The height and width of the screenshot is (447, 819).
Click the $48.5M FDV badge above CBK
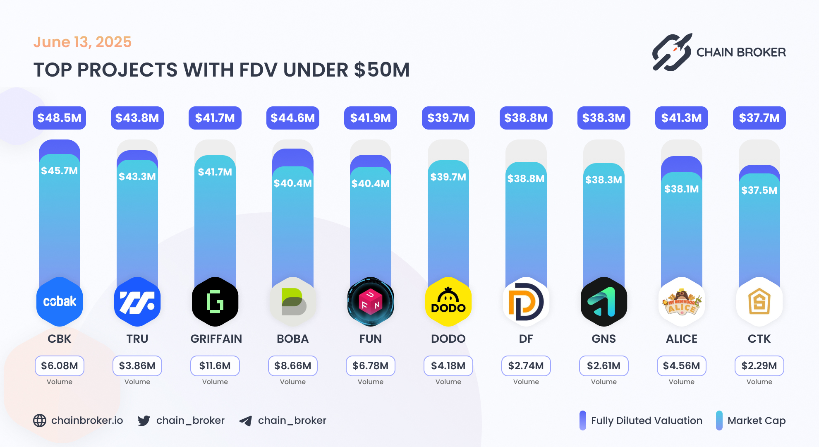pyautogui.click(x=60, y=118)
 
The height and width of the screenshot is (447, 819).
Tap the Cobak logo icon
pyautogui.click(x=60, y=301)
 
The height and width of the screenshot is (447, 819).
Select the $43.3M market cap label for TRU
pyautogui.click(x=137, y=177)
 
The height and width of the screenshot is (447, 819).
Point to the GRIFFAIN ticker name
pyautogui.click(x=216, y=339)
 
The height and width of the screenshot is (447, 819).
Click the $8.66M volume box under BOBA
pyautogui.click(x=293, y=366)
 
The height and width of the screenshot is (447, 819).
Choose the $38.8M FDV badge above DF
pyautogui.click(x=526, y=118)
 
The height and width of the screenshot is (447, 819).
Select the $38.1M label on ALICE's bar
pyautogui.click(x=681, y=189)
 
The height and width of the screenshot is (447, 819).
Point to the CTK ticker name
pyautogui.click(x=759, y=339)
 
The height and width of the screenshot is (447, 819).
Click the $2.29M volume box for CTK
pyautogui.click(x=759, y=366)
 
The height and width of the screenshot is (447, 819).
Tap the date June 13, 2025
pyautogui.click(x=82, y=42)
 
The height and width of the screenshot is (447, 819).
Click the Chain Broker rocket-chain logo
pyautogui.click(x=672, y=52)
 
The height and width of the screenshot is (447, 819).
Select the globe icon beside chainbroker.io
pyautogui.click(x=40, y=421)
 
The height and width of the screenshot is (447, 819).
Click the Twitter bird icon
pyautogui.click(x=144, y=421)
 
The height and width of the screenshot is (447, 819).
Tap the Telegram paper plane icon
pyautogui.click(x=246, y=421)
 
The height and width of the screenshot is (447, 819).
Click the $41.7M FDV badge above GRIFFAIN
pyautogui.click(x=215, y=118)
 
